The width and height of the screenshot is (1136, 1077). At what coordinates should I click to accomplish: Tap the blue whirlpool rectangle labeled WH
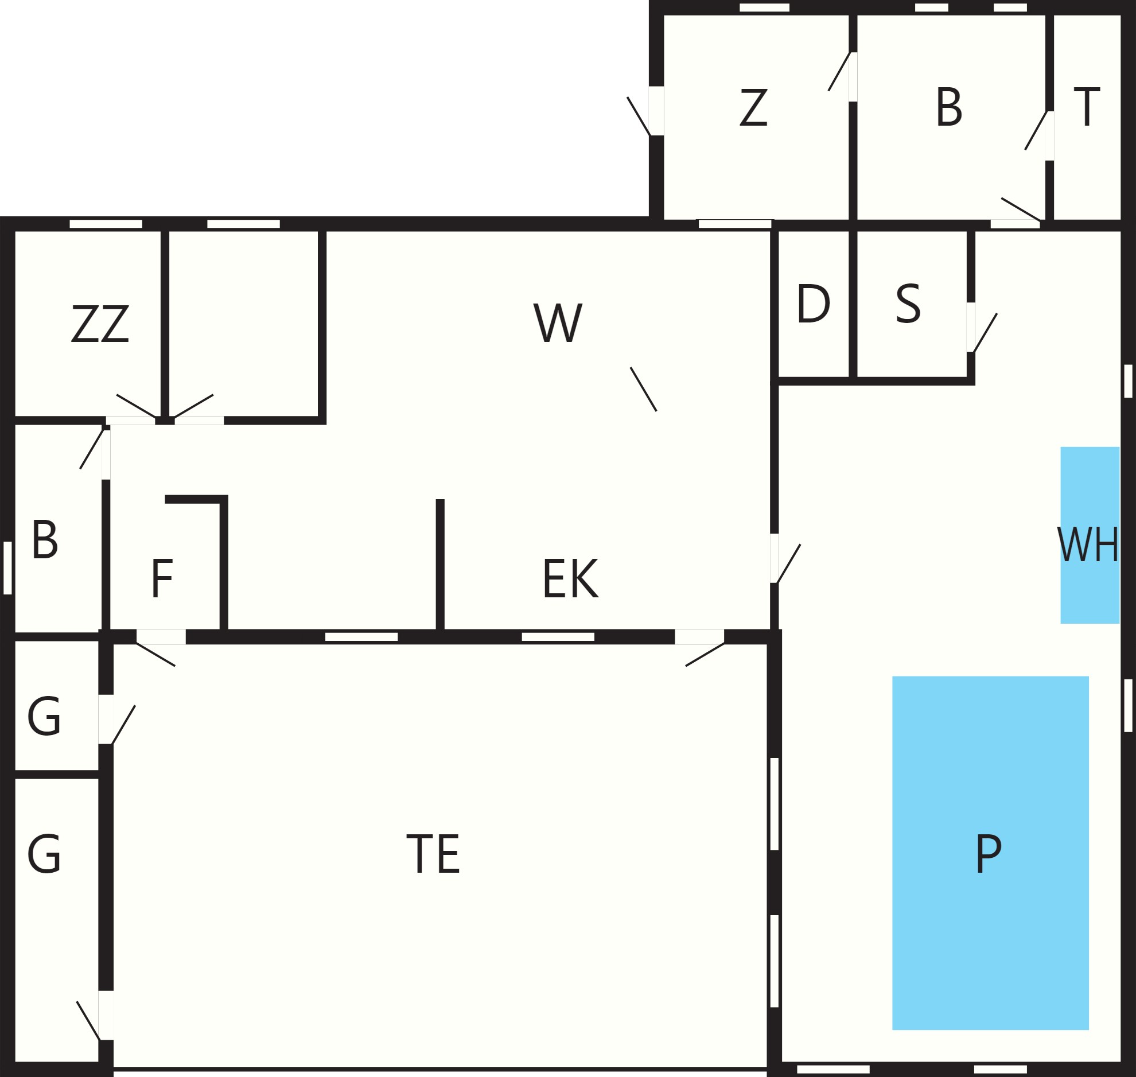pos(1090,534)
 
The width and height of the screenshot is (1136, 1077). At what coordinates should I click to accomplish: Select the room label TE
pos(433,854)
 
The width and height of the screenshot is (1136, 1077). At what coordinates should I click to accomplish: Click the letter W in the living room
pos(558,322)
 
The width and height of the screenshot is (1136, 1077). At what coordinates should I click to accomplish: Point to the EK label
pos(571,578)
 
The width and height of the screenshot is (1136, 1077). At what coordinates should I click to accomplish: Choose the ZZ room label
pos(100,323)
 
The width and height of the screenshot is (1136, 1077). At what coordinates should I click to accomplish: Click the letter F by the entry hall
pos(162,578)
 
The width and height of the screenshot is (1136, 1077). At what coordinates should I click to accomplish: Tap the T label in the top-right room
pos(1087,106)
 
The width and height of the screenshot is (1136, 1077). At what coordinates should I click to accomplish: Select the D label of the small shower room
pos(814,303)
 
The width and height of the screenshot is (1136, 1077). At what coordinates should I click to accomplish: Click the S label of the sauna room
pos(908,303)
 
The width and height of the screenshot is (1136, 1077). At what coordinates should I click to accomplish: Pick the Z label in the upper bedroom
pos(753,107)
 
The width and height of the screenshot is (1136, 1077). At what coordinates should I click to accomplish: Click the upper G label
pos(44,716)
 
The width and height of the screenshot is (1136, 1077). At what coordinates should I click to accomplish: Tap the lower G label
pos(44,854)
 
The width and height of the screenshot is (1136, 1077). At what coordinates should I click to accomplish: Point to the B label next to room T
pos(949,106)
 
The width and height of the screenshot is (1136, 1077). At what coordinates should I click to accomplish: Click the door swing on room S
pos(985,332)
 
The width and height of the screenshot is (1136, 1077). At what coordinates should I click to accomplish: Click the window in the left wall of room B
pos(7,568)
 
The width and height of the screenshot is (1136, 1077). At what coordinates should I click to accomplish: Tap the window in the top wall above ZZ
pos(106,223)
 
